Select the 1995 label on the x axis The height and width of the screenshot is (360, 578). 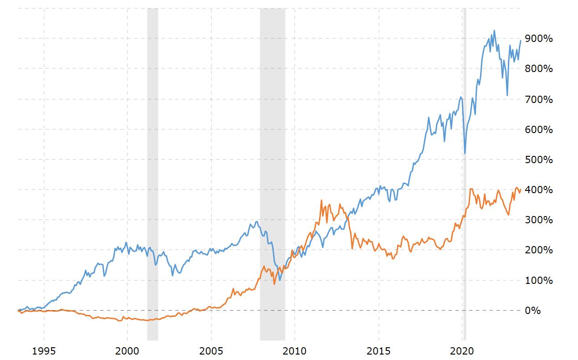tap(44, 351)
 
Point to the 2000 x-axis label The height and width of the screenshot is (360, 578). tap(128, 351)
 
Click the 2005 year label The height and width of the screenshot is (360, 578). tap(211, 351)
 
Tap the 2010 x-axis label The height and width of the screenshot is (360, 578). tap(295, 351)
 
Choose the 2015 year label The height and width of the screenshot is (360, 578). tap(379, 351)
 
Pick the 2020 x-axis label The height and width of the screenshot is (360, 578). tap(462, 351)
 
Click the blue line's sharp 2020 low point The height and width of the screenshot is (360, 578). tap(465, 153)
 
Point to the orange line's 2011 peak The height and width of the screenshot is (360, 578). tap(322, 200)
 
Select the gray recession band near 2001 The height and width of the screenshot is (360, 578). tap(153, 182)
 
